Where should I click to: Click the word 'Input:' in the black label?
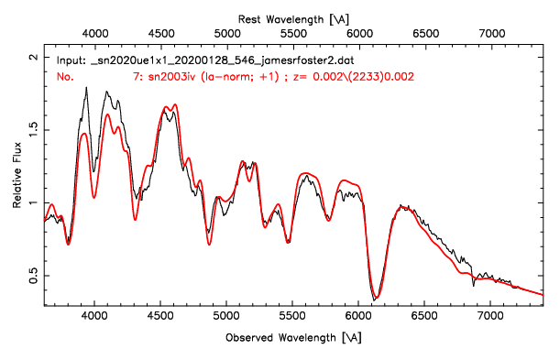[x=71, y=59]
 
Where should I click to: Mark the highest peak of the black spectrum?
[x=86, y=88]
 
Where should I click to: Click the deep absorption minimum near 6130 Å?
[x=375, y=298]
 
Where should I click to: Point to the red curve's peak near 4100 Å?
[x=107, y=115]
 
